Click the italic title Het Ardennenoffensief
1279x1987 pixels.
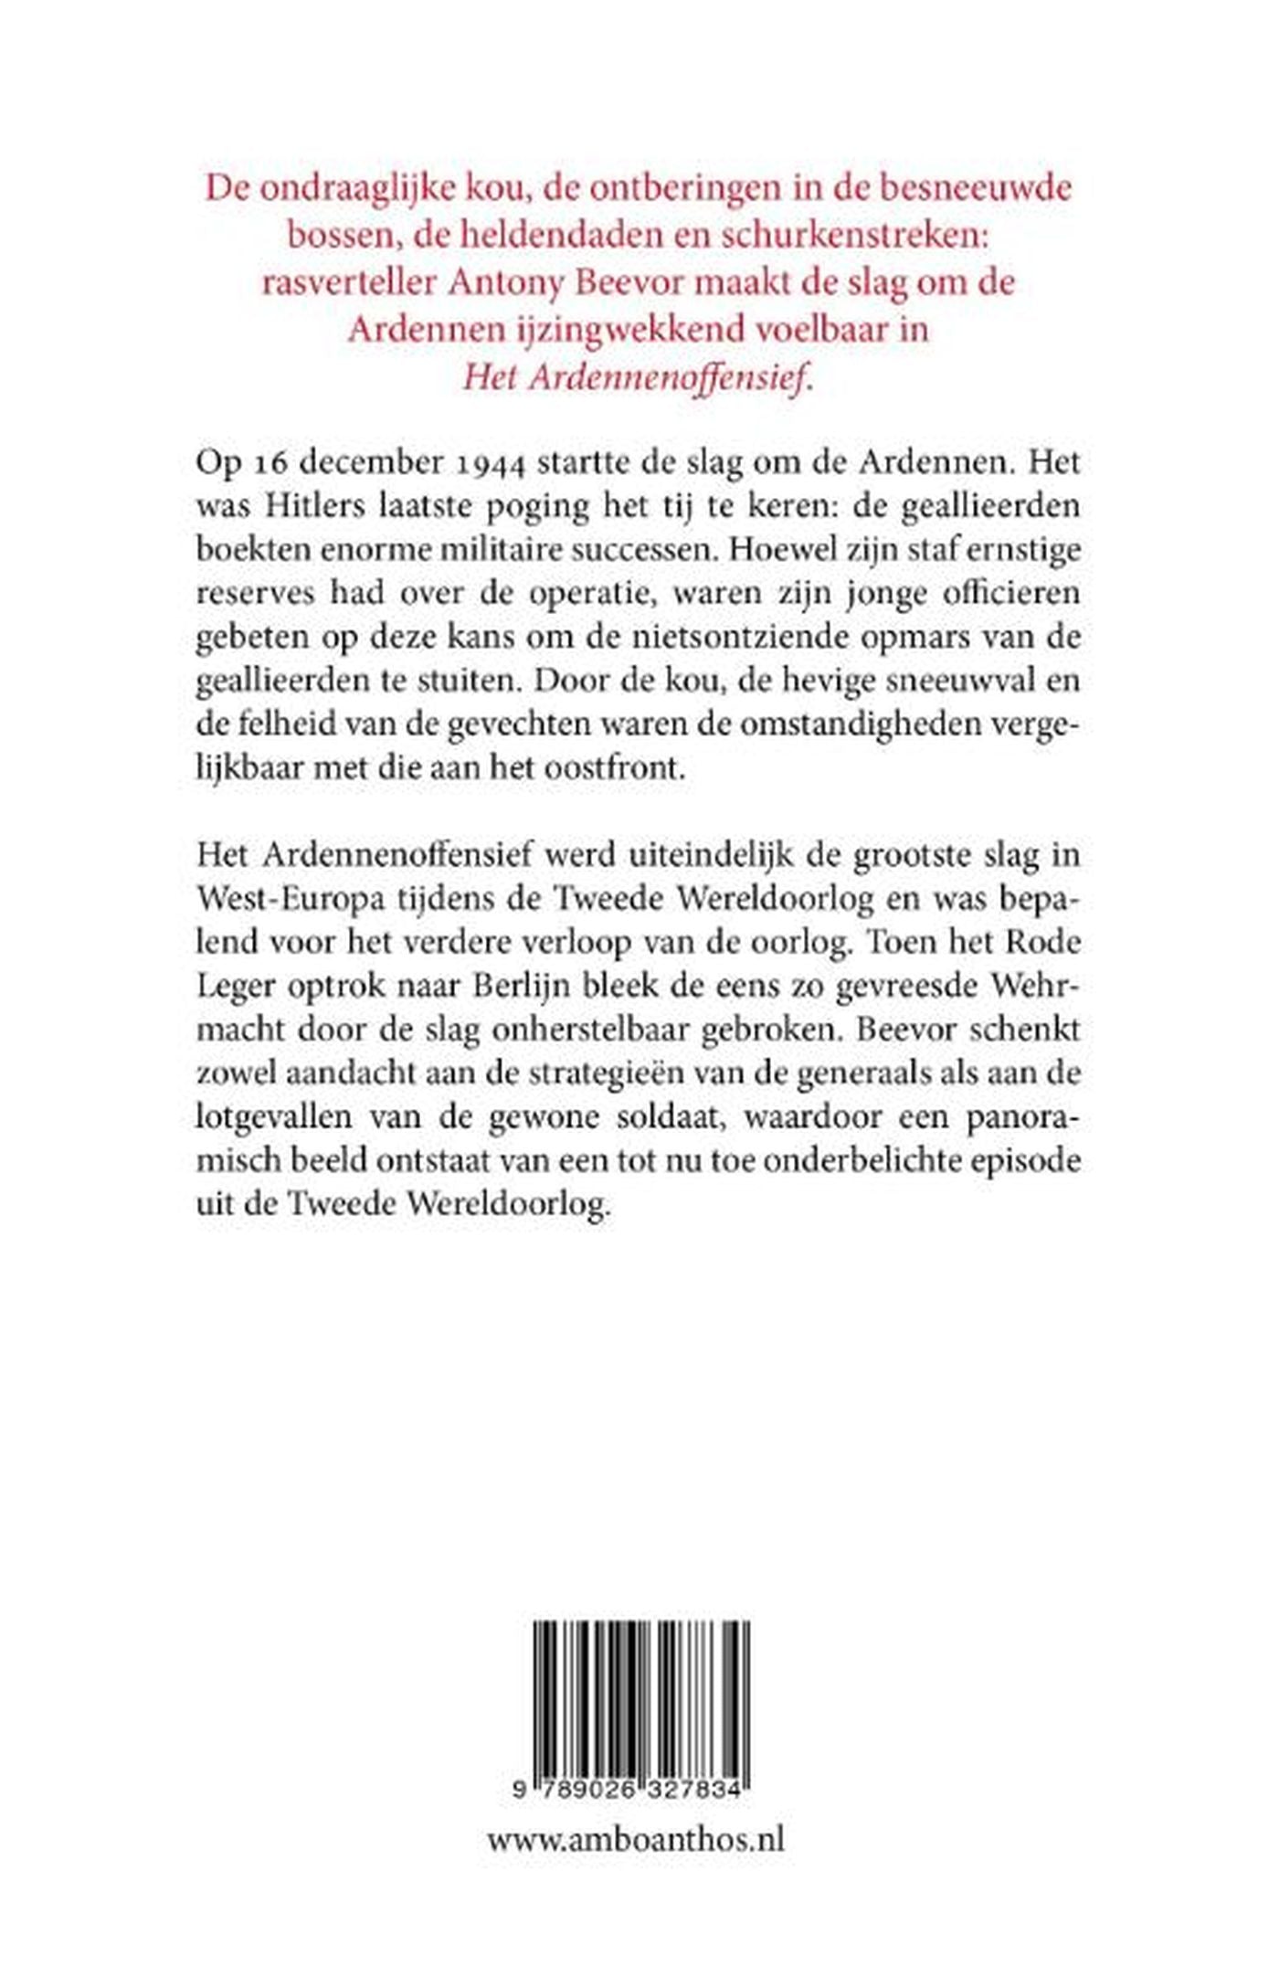(x=637, y=376)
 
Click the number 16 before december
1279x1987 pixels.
(x=264, y=462)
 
